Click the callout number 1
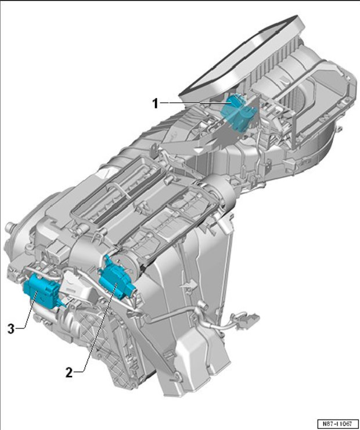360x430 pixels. pos(155,104)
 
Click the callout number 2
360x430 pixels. pos(69,373)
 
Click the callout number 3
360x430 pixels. pos(11,328)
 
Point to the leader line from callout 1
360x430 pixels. pos(195,103)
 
